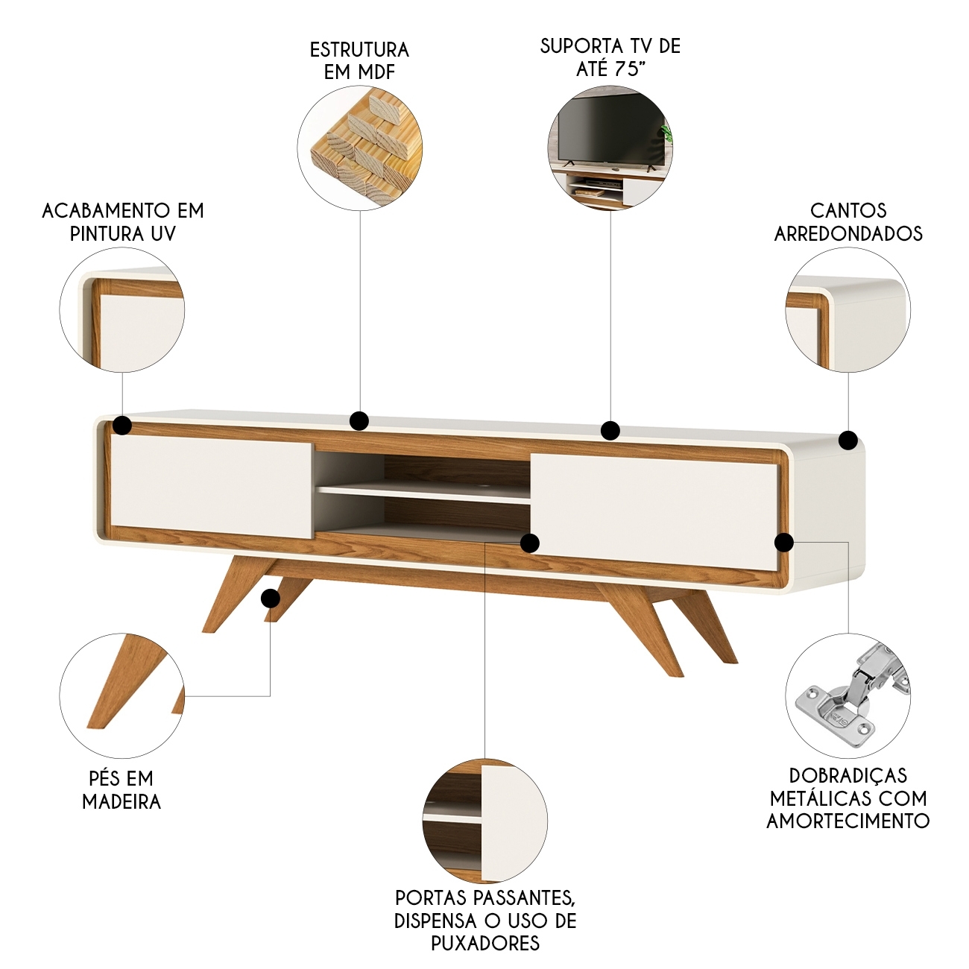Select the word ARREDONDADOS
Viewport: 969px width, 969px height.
point(848,234)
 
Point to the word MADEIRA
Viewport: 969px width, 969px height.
point(121,801)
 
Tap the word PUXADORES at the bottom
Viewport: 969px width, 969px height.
point(486,942)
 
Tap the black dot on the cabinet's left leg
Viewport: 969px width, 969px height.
point(271,599)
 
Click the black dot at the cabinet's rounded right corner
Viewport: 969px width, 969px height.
point(848,440)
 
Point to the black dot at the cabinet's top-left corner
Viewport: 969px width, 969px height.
point(122,426)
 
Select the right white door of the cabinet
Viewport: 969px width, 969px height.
point(654,511)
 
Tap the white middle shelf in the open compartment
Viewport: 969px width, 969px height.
point(423,492)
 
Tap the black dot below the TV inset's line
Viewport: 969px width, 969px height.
point(610,430)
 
